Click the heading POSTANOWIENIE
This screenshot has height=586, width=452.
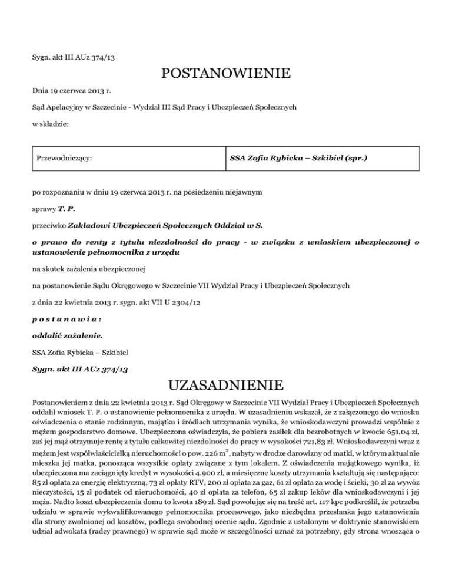(x=225, y=74)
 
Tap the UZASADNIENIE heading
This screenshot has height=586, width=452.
(x=225, y=386)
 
